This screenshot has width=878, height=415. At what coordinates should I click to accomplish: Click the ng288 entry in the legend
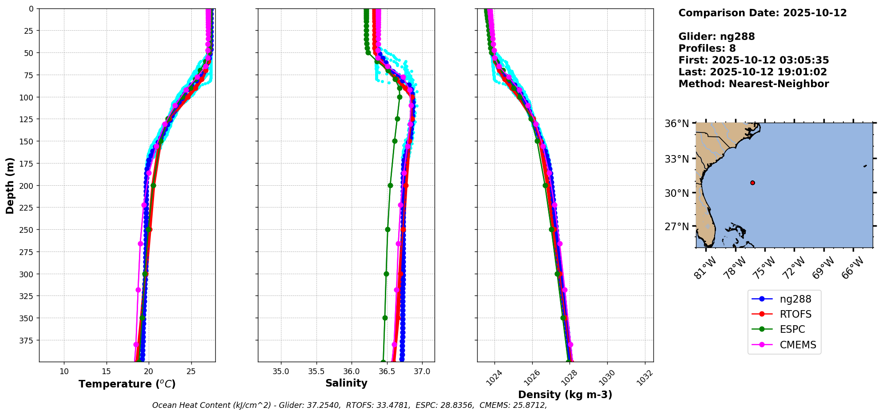tap(795, 299)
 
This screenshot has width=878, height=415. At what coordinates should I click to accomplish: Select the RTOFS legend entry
tap(795, 315)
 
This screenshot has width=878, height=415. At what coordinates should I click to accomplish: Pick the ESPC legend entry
tap(792, 330)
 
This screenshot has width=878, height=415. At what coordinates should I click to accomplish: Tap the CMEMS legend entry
tap(797, 345)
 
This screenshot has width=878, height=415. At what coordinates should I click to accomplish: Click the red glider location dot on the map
tap(752, 183)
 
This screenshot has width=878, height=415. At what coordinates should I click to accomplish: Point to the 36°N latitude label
tap(676, 124)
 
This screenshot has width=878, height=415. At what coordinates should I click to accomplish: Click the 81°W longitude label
tap(705, 267)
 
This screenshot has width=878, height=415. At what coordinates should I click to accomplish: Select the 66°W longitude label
tap(853, 267)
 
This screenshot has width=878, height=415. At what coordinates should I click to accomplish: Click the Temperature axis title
tap(127, 384)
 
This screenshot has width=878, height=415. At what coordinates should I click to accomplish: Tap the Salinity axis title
tap(346, 383)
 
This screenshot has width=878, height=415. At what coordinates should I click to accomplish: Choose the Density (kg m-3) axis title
tap(565, 395)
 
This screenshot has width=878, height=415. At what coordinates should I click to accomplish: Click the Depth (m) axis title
tap(10, 185)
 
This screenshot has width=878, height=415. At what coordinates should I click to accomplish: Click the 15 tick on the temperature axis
tap(107, 371)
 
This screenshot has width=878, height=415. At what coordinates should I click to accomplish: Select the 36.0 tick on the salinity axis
tap(351, 371)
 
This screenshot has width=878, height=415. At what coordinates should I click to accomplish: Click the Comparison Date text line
tap(762, 13)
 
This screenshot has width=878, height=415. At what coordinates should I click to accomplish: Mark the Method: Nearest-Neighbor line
tap(753, 84)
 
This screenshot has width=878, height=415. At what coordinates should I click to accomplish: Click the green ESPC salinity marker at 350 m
tap(385, 318)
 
